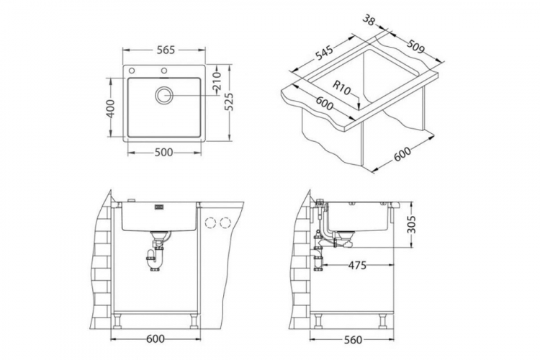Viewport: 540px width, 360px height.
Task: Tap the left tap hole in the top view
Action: point(132,71)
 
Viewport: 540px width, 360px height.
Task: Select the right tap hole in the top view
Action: point(165,71)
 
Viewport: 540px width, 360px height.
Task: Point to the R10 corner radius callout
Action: point(341,90)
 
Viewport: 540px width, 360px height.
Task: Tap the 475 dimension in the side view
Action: point(357,266)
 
